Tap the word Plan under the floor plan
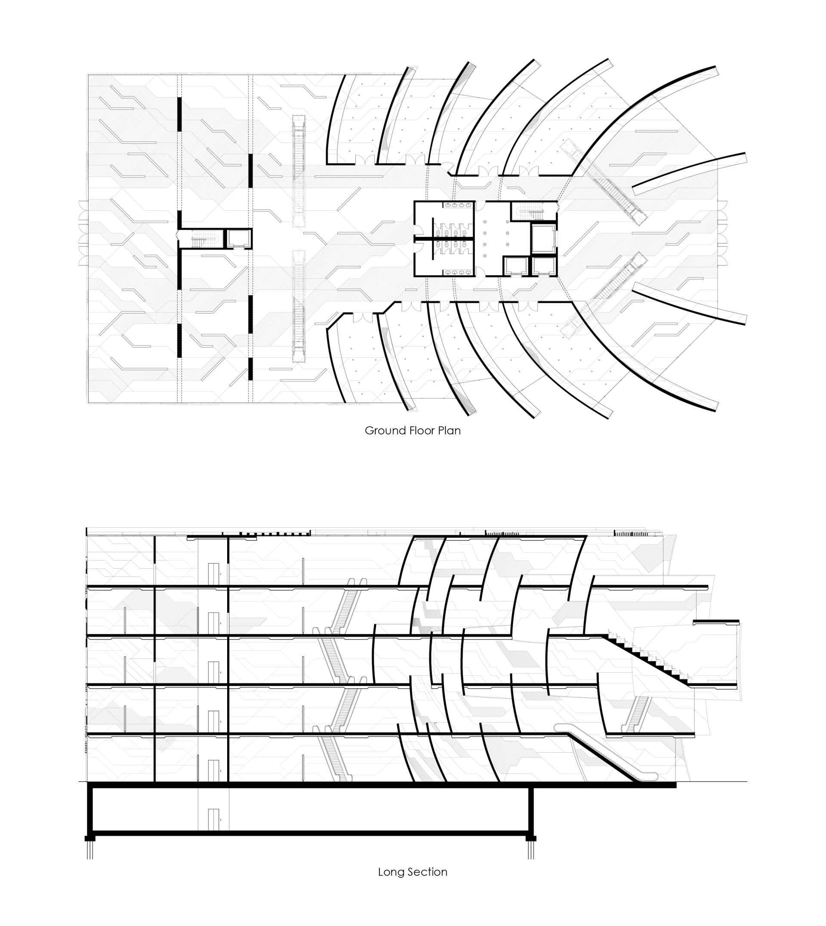pos(449,431)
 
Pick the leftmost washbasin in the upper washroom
pos(448,206)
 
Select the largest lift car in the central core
pos(544,238)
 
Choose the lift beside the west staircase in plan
pos(238,239)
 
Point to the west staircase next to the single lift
pos(201,239)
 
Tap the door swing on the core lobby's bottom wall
pos(481,272)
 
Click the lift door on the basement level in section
pos(213,819)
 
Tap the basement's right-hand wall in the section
pos(530,812)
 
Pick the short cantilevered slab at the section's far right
pos(716,622)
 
